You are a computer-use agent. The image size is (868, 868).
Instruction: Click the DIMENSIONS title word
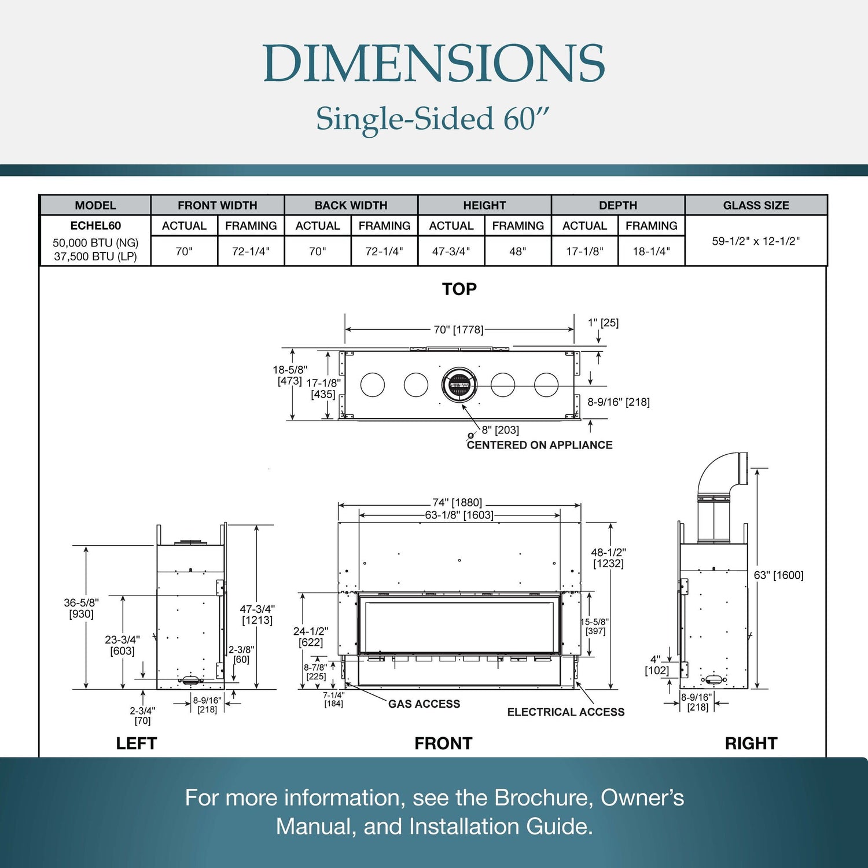(x=433, y=64)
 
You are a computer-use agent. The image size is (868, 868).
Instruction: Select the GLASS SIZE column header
(x=756, y=205)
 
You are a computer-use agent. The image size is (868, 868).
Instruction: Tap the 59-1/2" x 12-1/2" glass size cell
(x=756, y=241)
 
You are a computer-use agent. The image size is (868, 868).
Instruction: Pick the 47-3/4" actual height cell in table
(x=451, y=251)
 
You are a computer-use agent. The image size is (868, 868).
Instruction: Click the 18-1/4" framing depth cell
(x=651, y=251)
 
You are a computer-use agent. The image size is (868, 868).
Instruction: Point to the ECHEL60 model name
(x=95, y=226)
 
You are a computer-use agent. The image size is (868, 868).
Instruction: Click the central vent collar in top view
(x=459, y=384)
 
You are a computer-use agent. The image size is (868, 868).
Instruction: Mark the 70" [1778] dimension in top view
(x=458, y=329)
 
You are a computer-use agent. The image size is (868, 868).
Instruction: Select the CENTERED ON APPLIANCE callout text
(x=539, y=445)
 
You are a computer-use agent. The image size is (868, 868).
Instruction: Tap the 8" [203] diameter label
(x=500, y=430)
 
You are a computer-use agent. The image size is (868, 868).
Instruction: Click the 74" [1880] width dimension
(x=457, y=502)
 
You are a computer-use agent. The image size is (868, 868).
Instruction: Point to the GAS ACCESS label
(x=424, y=704)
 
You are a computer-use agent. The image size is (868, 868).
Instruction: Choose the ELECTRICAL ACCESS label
(x=565, y=712)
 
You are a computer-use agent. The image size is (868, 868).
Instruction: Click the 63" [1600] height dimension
(x=778, y=575)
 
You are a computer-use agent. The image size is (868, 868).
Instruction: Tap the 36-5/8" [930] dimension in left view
(x=81, y=608)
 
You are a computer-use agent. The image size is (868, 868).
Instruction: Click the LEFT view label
(x=137, y=743)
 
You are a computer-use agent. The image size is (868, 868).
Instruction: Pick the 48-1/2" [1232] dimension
(x=608, y=558)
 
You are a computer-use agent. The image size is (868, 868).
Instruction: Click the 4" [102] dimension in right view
(x=657, y=665)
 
